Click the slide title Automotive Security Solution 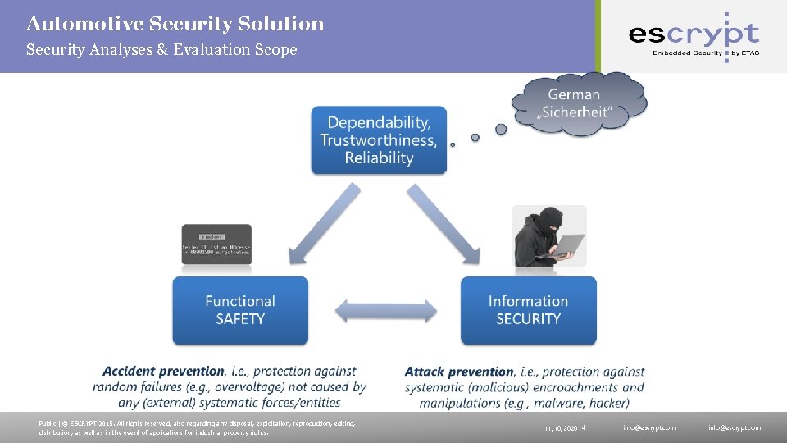click(x=175, y=24)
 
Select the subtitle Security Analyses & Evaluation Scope click(x=161, y=50)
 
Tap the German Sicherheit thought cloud click(x=579, y=104)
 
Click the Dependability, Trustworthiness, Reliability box click(x=379, y=140)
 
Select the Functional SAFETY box click(x=240, y=310)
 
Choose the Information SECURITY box click(x=528, y=310)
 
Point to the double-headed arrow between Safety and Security click(x=384, y=311)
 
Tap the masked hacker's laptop click(x=566, y=244)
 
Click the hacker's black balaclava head click(x=548, y=221)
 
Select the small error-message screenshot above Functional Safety click(x=216, y=244)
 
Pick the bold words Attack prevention click(x=459, y=372)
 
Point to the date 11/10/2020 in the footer click(x=561, y=428)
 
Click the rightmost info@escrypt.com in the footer click(x=735, y=427)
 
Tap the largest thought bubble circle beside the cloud click(x=501, y=129)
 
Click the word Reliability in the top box click(x=379, y=158)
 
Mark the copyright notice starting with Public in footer click(x=197, y=427)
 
